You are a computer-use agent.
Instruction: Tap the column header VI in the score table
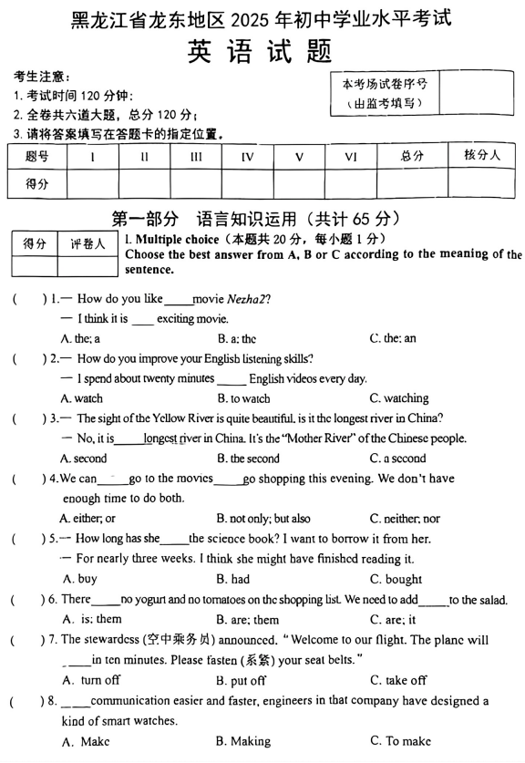(x=351, y=157)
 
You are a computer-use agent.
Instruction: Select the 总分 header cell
(x=412, y=156)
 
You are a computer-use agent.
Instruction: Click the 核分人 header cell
(x=482, y=155)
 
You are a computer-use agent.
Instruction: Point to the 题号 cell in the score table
(x=37, y=157)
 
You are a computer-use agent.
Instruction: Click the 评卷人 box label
(x=87, y=243)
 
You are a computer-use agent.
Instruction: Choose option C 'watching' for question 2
(x=398, y=398)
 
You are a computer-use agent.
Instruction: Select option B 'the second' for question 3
(x=248, y=459)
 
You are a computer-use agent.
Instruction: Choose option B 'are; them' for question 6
(x=247, y=620)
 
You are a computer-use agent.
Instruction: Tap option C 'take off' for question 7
(x=398, y=680)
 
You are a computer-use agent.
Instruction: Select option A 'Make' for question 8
(x=87, y=741)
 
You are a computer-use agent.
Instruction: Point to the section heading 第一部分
(x=145, y=219)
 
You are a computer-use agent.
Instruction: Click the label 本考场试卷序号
(x=385, y=84)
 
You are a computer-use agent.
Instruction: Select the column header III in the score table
(x=196, y=157)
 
